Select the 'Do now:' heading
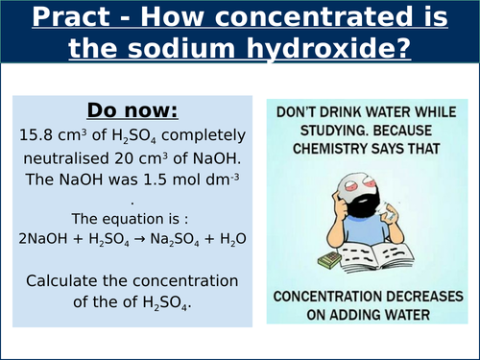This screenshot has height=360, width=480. pos(134,109)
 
